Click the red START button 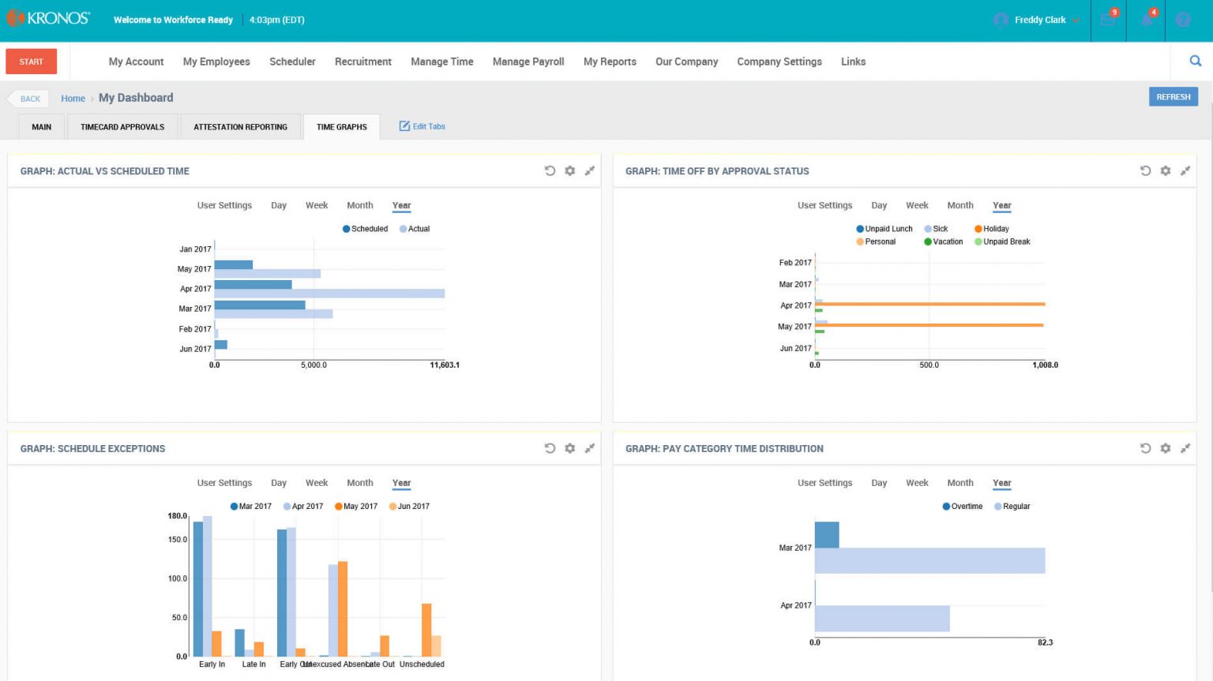pos(31,62)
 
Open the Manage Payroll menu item pos(528,62)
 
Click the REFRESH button pos(1173,97)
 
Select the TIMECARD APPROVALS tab pos(122,127)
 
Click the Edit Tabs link pos(422,126)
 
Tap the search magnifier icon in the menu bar pos(1195,61)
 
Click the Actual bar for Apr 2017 pos(329,294)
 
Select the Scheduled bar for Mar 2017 pos(259,305)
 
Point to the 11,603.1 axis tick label pos(444,365)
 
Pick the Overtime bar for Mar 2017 pos(826,534)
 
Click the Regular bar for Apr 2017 pos(881,619)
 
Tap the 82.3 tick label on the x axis pos(1044,642)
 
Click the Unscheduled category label pos(422,664)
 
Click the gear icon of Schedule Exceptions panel pos(569,448)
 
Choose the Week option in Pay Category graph pos(916,483)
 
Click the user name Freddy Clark pos(1039,20)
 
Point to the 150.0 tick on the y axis pos(177,540)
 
